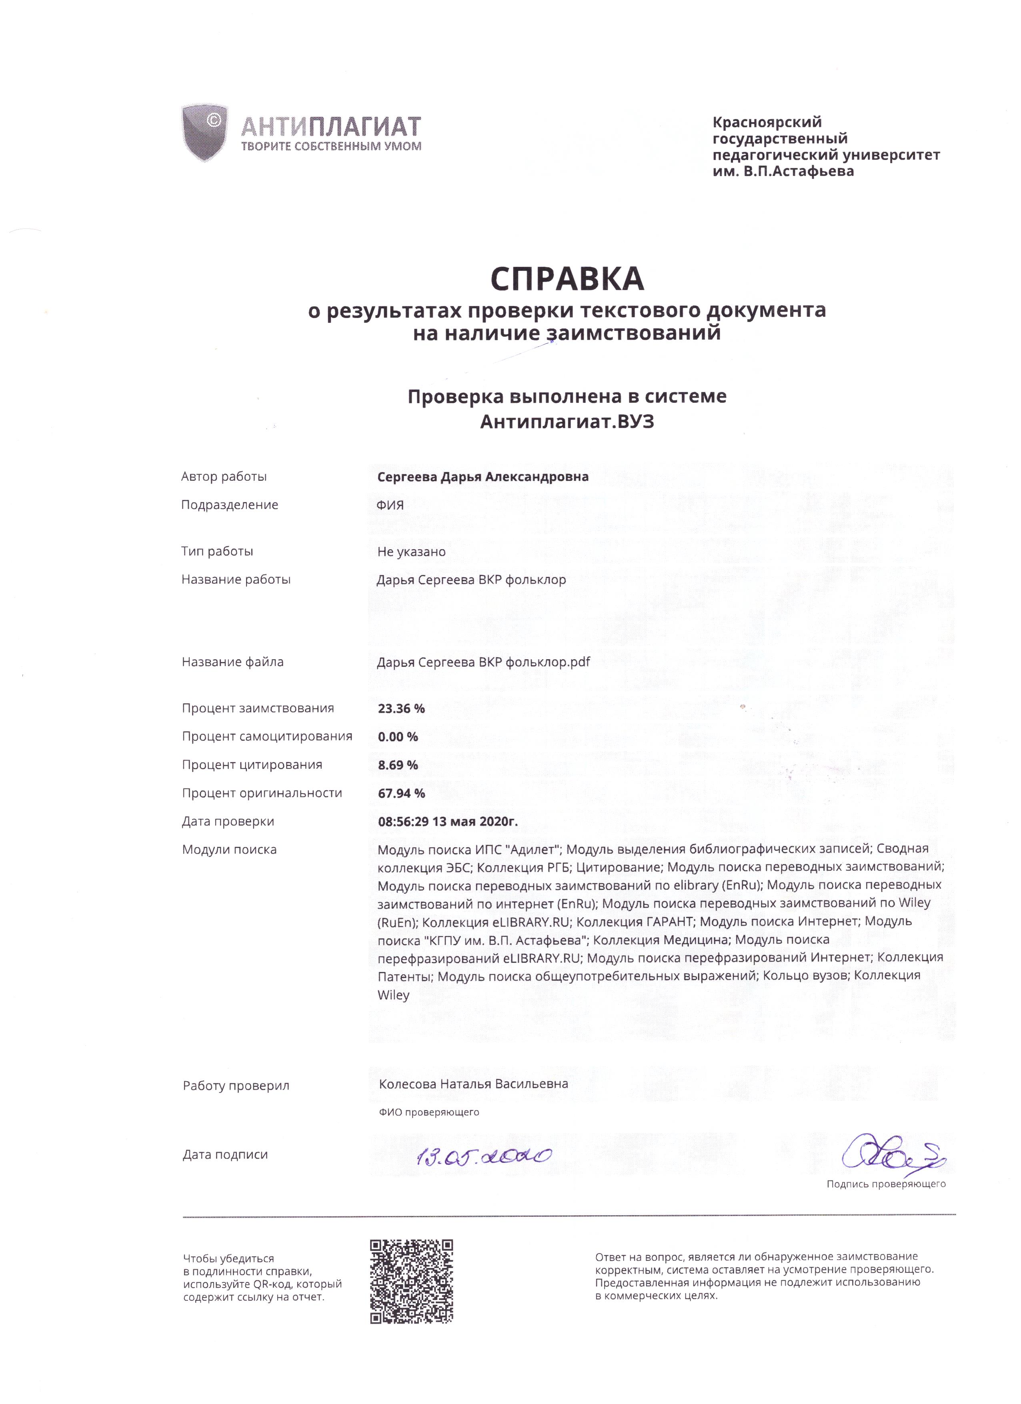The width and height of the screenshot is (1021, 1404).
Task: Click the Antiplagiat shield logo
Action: click(204, 132)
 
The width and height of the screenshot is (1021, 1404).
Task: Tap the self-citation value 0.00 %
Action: click(398, 737)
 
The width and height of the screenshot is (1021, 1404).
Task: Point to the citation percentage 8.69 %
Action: click(398, 765)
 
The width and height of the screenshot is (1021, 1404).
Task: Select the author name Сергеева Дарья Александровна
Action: click(482, 477)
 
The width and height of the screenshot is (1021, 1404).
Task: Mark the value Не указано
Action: click(411, 552)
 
